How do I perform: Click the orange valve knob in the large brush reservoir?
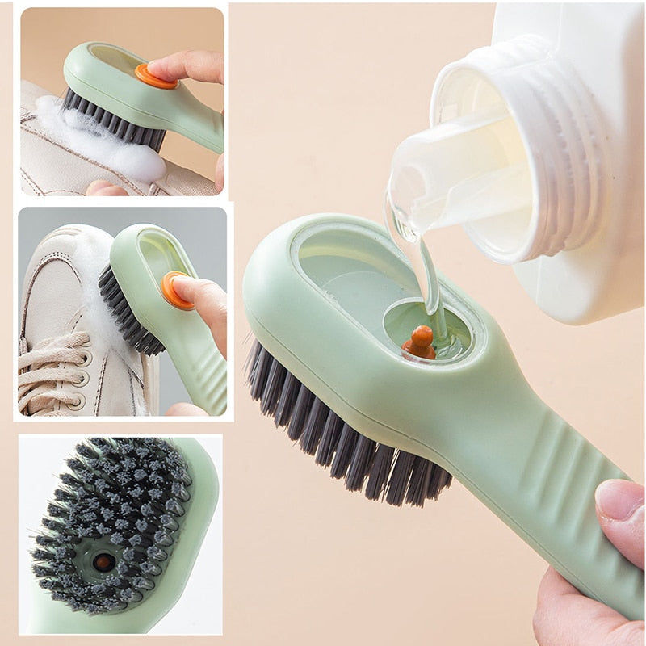pos(419,342)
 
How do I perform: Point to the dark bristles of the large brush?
pos(339,428)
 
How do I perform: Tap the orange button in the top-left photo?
pos(154,77)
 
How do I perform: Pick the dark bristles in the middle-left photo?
pos(125,311)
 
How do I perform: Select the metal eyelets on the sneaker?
pos(81,378)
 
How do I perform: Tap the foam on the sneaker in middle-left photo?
pos(89,258)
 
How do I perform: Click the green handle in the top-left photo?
pos(198,133)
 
